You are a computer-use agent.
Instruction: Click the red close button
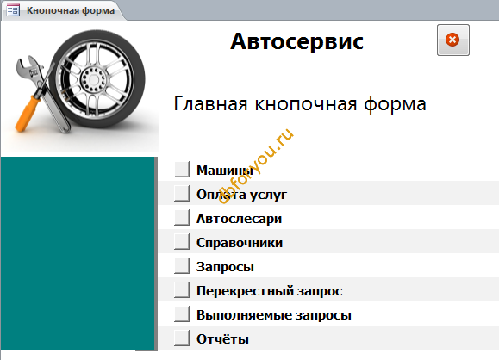coord(452,40)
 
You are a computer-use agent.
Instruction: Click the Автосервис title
coord(296,41)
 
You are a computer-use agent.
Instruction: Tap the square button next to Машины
coord(182,169)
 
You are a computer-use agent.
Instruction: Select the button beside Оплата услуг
coord(182,194)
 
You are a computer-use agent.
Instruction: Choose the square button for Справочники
coord(182,242)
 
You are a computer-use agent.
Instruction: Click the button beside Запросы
coord(182,266)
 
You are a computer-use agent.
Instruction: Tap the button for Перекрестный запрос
coord(182,289)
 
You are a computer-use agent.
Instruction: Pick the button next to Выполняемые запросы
coord(182,313)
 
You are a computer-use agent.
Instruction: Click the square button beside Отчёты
coord(182,338)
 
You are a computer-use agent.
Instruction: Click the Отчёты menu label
coord(222,339)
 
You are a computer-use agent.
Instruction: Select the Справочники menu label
coord(240,243)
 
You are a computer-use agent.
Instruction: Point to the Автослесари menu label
coord(239,219)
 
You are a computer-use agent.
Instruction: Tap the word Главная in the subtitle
coord(210,103)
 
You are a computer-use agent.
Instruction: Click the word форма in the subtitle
coord(395,104)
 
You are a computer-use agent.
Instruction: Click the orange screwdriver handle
coord(28,113)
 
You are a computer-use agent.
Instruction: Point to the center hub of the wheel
coord(93,79)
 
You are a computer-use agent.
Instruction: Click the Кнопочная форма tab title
coord(71,10)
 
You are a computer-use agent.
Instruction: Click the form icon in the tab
coord(13,10)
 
